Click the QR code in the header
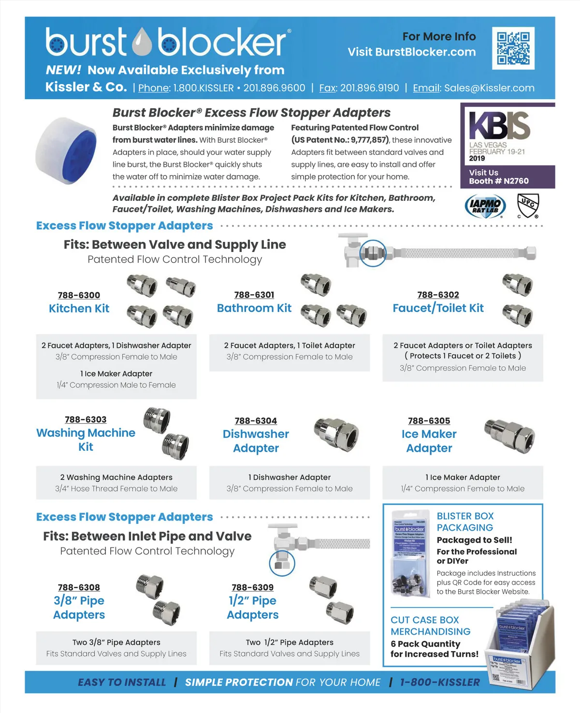513,48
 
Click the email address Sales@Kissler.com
489,88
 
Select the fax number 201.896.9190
369,88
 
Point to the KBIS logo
499,125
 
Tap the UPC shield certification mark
528,205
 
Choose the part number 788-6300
79,295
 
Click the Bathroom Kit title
254,308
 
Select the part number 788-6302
438,295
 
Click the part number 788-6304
256,421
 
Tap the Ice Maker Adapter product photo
510,433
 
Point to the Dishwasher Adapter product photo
337,432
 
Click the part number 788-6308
79,587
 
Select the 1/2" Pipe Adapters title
253,608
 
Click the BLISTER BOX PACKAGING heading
465,522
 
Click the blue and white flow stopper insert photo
60,151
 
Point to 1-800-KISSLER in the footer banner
440,682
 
